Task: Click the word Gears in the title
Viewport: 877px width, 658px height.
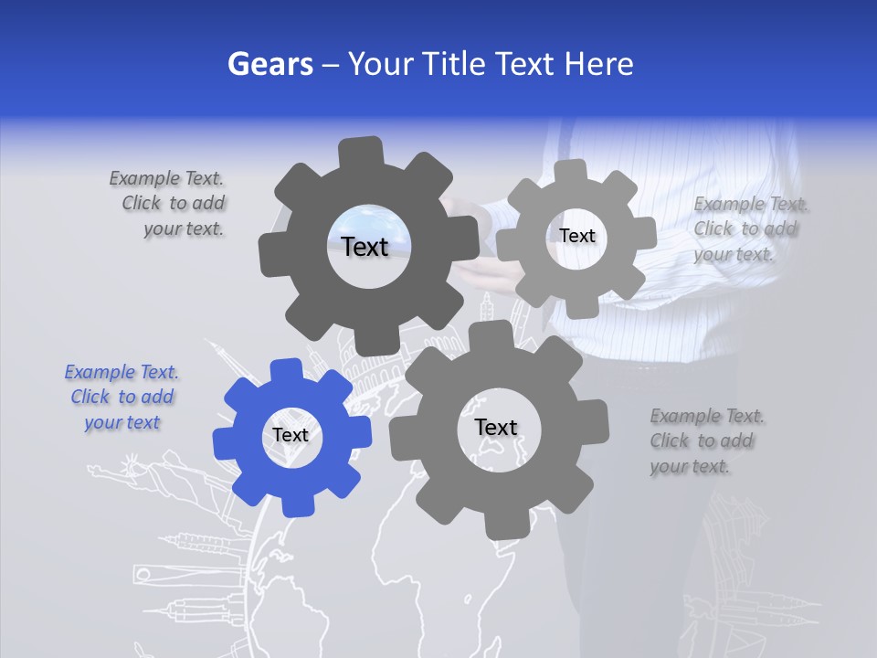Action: point(269,64)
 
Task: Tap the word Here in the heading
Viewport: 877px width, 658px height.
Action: point(599,64)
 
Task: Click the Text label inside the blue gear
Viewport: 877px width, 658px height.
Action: point(291,436)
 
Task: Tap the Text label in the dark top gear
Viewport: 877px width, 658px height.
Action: point(365,247)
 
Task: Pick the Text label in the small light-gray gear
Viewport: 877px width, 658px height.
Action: point(577,236)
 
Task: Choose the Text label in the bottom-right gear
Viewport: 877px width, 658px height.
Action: point(496,427)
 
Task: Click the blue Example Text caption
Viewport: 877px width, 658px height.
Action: point(122,398)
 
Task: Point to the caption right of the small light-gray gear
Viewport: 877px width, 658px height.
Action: point(749,228)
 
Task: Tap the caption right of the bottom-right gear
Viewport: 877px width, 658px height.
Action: point(706,440)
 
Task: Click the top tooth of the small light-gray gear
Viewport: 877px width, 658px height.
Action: point(571,172)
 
